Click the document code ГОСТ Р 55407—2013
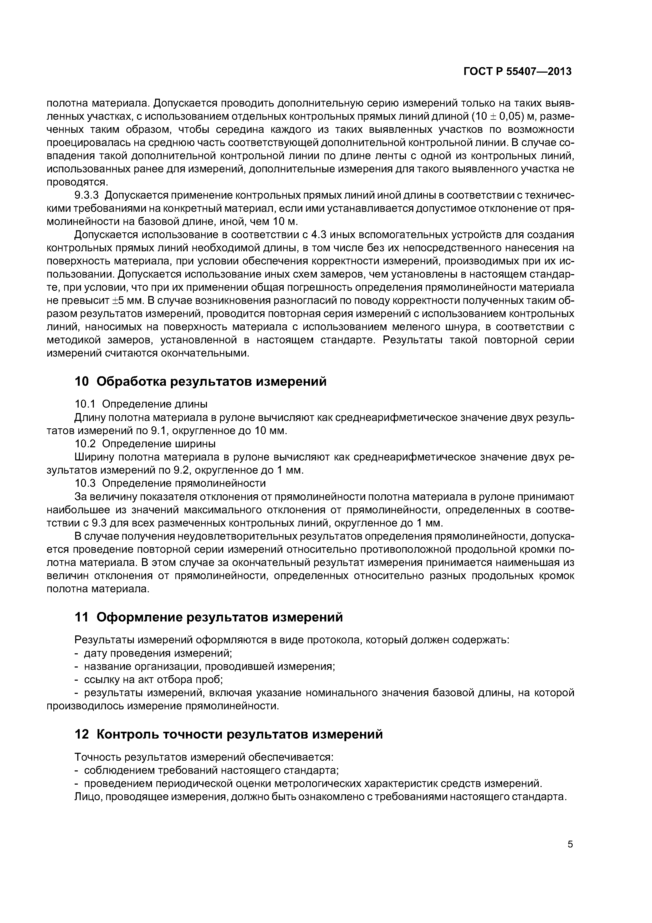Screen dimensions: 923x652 [517, 72]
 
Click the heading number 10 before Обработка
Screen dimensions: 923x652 [82, 382]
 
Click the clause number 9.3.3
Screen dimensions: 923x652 [87, 195]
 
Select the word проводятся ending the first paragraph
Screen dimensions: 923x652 [78, 183]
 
